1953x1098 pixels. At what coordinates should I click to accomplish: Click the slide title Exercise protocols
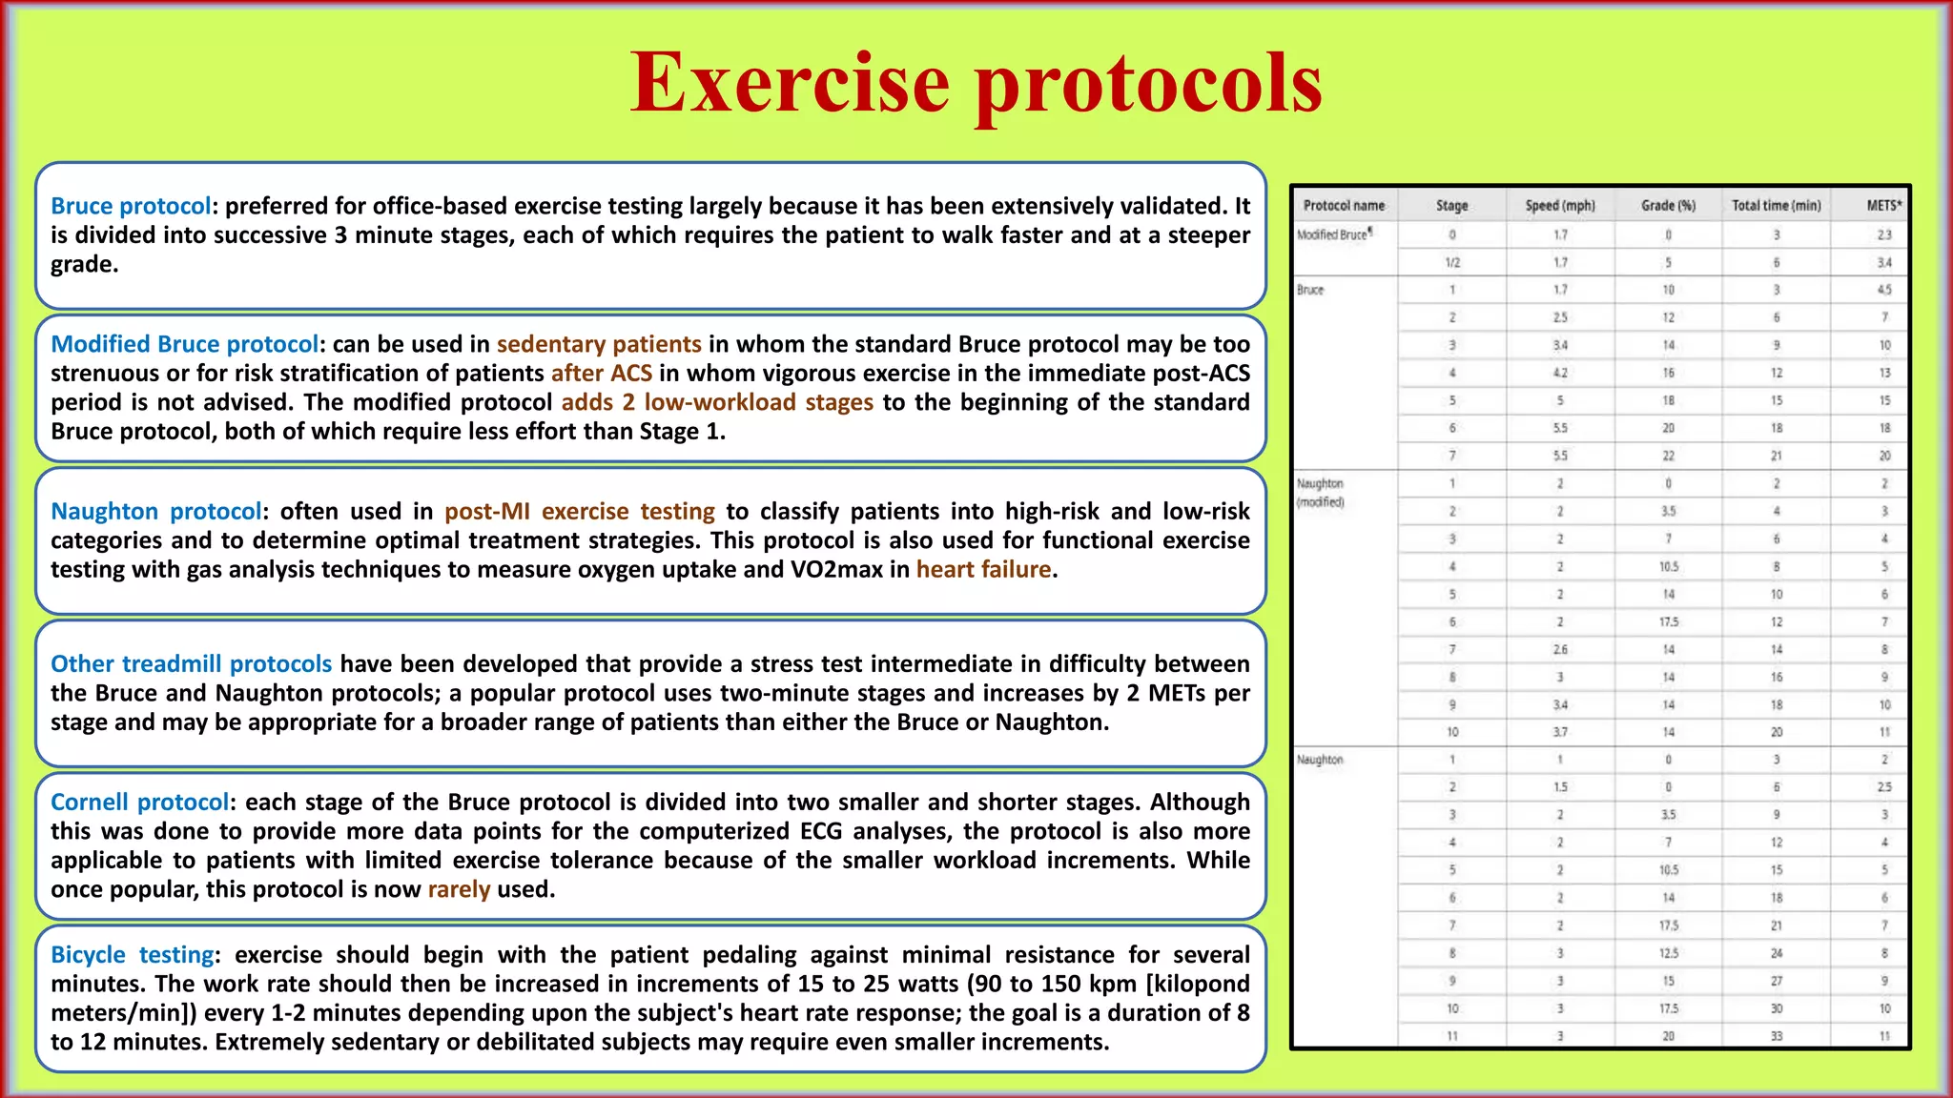976,84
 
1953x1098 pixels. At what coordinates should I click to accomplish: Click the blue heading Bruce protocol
131,206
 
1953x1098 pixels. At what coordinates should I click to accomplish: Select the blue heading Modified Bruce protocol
184,344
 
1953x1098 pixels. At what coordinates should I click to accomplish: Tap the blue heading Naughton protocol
155,512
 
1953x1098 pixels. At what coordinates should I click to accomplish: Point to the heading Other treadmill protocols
191,664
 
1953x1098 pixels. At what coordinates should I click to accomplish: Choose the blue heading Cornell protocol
139,803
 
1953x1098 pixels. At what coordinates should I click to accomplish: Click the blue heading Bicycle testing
133,955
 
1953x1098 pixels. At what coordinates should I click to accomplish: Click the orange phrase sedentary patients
599,344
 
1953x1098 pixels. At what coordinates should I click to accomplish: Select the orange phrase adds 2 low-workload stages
716,402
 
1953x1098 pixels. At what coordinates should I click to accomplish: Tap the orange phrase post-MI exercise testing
579,512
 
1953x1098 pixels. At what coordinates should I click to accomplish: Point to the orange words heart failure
983,570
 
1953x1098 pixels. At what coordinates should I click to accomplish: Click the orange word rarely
459,889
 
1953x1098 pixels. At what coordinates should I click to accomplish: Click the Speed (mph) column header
1559,206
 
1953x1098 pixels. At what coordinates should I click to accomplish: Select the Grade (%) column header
1668,206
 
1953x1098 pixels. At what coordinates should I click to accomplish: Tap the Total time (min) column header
1776,206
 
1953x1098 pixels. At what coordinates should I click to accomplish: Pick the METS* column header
1883,206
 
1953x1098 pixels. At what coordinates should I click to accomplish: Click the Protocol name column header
1344,206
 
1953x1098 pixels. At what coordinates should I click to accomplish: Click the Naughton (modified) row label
1321,493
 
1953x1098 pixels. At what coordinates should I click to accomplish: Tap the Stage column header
1451,206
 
